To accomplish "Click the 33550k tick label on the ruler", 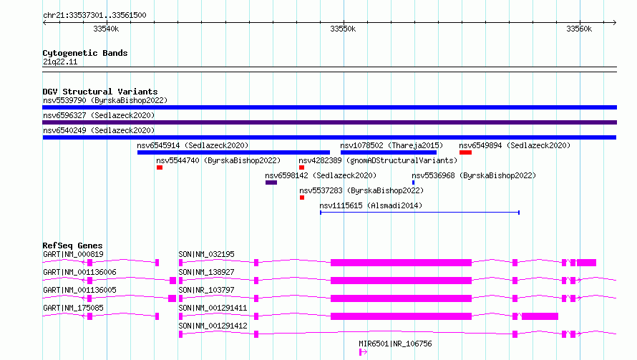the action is tap(343, 29).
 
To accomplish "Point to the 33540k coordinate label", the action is tap(106, 29).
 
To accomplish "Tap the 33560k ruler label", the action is tap(579, 29).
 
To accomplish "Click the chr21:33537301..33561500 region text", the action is tap(94, 15).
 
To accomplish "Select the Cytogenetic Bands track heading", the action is tap(85, 53).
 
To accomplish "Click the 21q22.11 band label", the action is tap(60, 62).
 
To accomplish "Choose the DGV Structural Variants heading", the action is tap(100, 92).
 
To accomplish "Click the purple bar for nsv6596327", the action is tap(329, 122).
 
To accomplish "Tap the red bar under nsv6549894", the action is tap(465, 152).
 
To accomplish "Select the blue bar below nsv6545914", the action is tap(233, 152).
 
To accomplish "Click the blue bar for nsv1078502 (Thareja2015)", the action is tap(389, 152).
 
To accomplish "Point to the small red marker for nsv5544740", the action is tap(160, 167).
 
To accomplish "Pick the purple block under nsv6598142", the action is tap(271, 183).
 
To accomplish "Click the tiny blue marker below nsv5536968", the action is tap(413, 183).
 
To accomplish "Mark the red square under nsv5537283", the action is tap(302, 198).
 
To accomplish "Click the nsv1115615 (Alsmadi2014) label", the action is tap(371, 205).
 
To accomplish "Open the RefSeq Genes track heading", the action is tap(73, 245).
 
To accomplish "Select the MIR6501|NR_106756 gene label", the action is tap(395, 344).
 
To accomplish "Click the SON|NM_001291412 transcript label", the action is tap(213, 326).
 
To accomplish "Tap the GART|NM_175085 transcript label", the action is tap(73, 308).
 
